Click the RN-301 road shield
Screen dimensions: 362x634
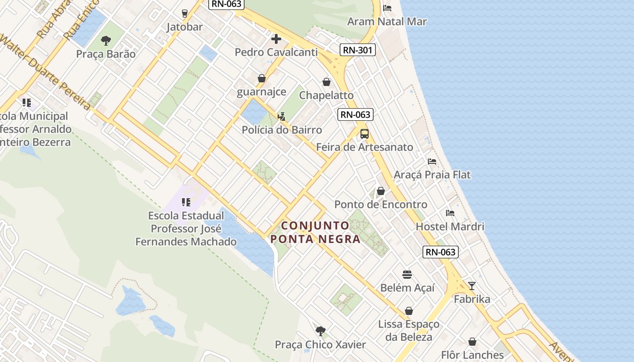[358, 50]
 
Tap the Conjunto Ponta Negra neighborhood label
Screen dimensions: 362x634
[321, 232]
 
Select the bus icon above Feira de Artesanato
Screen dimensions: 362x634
[365, 134]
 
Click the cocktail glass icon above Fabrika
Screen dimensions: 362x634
[472, 286]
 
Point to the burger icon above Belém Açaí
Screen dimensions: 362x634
[407, 275]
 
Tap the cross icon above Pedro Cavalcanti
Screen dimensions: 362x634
[276, 39]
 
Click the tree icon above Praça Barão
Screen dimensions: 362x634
[106, 41]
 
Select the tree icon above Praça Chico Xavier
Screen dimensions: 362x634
[321, 331]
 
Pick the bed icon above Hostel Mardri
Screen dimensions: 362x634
[450, 213]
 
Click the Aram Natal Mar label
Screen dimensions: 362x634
[387, 21]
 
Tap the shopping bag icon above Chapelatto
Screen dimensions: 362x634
[327, 82]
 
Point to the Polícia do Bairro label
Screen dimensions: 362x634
[282, 130]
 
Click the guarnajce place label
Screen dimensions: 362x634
[262, 92]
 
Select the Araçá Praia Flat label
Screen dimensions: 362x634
[432, 175]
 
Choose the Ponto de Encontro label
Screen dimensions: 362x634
[380, 205]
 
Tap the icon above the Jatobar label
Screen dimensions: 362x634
[185, 14]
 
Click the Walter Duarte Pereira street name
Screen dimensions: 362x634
[45, 72]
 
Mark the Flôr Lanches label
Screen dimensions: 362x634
[472, 355]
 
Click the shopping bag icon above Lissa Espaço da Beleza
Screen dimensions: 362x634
[409, 311]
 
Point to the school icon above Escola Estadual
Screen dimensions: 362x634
[186, 202]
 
